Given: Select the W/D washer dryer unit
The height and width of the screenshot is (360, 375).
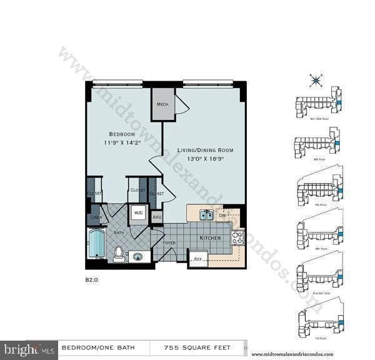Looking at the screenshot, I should pyautogui.click(x=138, y=213).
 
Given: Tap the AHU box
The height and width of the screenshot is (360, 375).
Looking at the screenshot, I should pyautogui.click(x=157, y=216).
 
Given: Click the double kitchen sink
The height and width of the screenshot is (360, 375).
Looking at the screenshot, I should pyautogui.click(x=206, y=215).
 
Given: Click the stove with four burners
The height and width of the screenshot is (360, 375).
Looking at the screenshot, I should pyautogui.click(x=237, y=237).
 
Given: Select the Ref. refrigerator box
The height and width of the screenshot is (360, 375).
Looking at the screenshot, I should pyautogui.click(x=198, y=258).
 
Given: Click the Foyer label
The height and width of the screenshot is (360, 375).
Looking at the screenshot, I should pyautogui.click(x=169, y=242).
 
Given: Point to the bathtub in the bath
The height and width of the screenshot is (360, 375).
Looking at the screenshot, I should pyautogui.click(x=97, y=244).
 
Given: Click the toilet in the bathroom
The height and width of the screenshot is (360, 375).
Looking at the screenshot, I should pyautogui.click(x=118, y=253).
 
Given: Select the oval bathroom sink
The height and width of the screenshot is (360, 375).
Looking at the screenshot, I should pyautogui.click(x=138, y=256).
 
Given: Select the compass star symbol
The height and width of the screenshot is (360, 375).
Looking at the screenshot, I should pyautogui.click(x=316, y=80).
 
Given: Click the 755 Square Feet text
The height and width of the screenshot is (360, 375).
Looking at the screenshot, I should pyautogui.click(x=197, y=347).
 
